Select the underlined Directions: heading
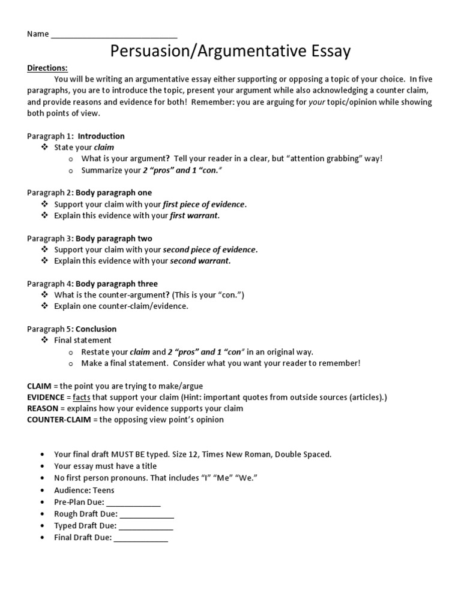click(47, 68)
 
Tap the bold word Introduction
click(101, 136)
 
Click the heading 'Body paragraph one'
click(113, 192)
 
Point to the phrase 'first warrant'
click(194, 215)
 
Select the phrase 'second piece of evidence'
click(209, 249)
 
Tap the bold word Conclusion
click(96, 329)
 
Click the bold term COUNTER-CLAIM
click(59, 420)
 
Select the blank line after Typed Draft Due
click(146, 526)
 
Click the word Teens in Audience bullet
click(103, 490)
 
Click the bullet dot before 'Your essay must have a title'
click(42, 466)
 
